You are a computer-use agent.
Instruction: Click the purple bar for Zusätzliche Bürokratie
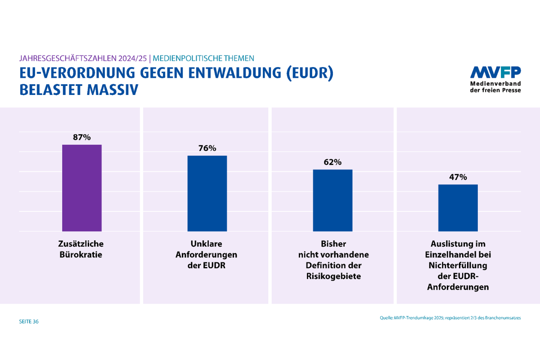click(81, 188)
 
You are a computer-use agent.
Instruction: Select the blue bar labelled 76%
click(207, 193)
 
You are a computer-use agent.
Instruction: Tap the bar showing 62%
click(333, 200)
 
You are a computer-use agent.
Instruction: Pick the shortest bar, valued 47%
click(458, 207)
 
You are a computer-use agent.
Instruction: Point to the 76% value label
click(207, 148)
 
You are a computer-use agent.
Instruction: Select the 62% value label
click(333, 162)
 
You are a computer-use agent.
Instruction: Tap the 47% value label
click(458, 177)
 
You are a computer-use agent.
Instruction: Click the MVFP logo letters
click(495, 72)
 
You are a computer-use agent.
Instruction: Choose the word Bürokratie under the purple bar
click(81, 255)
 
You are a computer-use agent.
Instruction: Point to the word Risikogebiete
click(333, 276)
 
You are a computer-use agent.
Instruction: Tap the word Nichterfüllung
click(458, 265)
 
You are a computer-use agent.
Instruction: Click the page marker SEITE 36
click(29, 322)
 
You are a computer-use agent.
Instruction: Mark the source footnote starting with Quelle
click(450, 318)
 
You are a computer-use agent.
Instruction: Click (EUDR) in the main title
click(310, 74)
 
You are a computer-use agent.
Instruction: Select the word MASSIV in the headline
click(112, 90)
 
